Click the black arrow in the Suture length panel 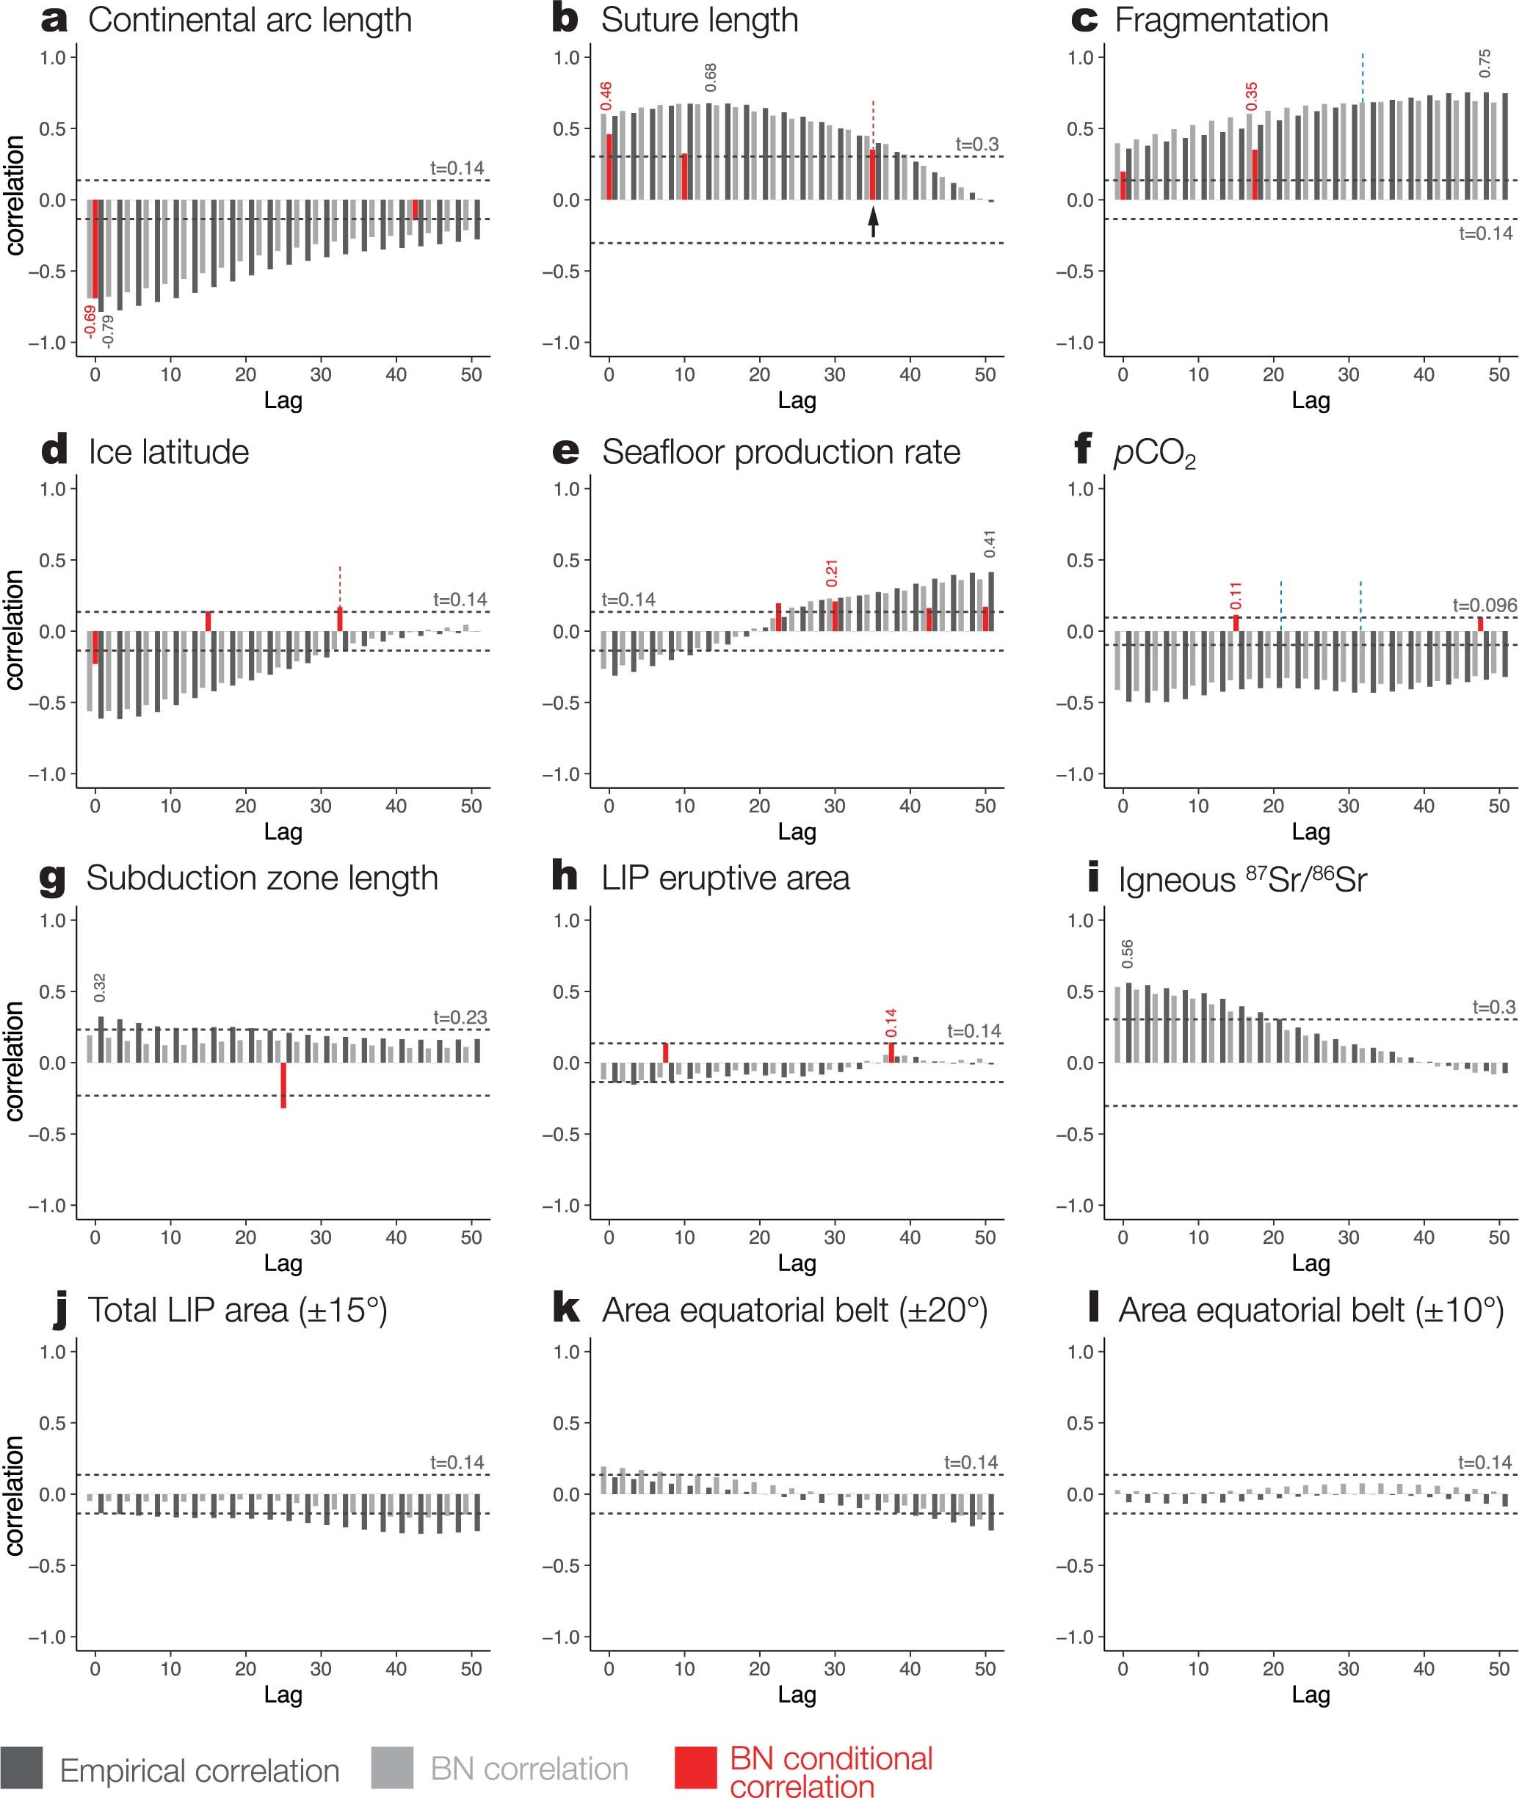[873, 222]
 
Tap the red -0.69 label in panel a [90, 321]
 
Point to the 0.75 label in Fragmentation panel [1484, 63]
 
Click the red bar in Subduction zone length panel [283, 1085]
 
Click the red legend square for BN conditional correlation [696, 1768]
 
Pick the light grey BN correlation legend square [393, 1768]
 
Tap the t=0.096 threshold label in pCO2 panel [1484, 605]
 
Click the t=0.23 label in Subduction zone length [460, 1017]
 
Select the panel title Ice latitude [169, 452]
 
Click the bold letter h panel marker [564, 877]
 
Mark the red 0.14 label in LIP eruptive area [891, 1022]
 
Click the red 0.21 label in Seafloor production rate [832, 573]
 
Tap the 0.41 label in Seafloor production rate [990, 544]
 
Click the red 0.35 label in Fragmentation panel [1251, 95]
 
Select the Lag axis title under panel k [797, 1694]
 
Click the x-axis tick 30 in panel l [1349, 1668]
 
